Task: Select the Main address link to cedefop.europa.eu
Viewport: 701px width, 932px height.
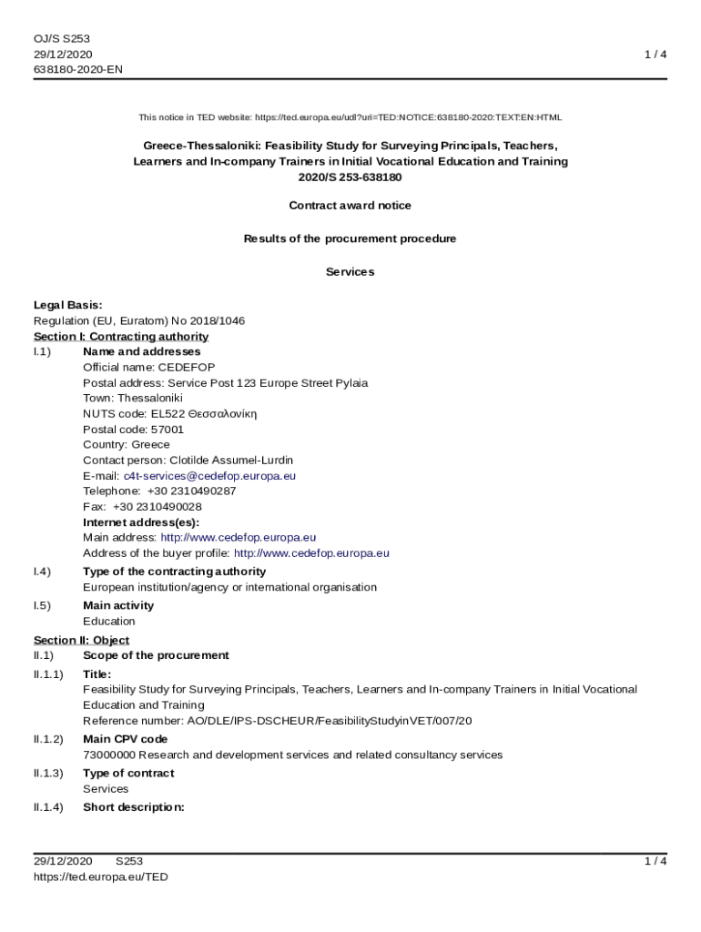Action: point(239,537)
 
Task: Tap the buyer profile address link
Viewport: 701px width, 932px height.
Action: point(311,552)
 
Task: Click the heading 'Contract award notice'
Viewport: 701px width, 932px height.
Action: point(350,206)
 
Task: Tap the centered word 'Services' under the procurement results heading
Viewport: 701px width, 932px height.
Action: point(350,272)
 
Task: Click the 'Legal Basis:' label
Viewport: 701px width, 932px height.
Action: point(68,305)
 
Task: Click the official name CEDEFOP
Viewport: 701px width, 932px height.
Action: point(187,367)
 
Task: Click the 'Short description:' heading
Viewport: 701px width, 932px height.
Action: point(134,806)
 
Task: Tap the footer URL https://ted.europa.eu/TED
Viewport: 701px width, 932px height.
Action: point(101,876)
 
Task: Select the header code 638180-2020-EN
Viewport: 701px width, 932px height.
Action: point(78,69)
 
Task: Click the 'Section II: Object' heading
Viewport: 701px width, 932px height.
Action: point(81,640)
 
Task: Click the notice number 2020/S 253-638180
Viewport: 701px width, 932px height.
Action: point(350,177)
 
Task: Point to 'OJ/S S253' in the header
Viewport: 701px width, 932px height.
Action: point(62,38)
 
